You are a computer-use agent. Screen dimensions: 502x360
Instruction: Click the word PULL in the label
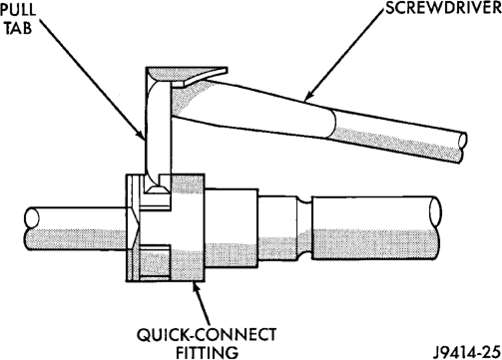click(17, 9)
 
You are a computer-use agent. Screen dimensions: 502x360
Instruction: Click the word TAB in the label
click(18, 27)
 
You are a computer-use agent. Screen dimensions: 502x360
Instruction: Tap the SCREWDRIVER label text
click(443, 8)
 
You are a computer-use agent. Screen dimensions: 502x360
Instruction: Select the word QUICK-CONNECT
click(207, 335)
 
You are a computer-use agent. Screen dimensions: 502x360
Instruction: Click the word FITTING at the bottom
click(207, 352)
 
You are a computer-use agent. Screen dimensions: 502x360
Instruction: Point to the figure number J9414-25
click(467, 352)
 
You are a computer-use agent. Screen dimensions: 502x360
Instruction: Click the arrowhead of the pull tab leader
click(142, 135)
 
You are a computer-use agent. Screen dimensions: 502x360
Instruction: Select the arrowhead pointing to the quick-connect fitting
click(197, 288)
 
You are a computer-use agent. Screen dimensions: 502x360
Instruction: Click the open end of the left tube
click(32, 217)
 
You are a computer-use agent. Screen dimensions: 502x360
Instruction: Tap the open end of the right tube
click(435, 212)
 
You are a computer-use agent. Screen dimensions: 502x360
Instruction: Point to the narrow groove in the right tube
click(304, 228)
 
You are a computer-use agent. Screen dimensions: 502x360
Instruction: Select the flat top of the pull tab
click(187, 74)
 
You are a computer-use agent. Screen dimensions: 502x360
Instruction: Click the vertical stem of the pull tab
click(158, 130)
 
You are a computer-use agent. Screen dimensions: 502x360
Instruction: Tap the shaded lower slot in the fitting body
click(155, 261)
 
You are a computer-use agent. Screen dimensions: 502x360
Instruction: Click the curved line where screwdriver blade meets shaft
click(333, 123)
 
